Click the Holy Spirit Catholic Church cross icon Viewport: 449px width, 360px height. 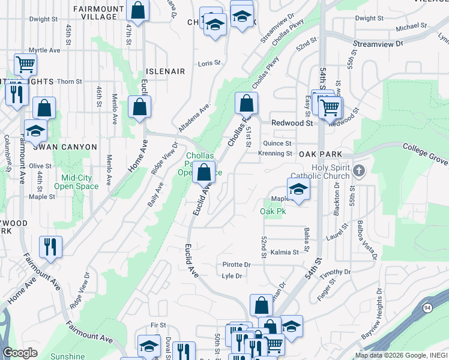(359, 170)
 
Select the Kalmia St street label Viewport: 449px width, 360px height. (284, 253)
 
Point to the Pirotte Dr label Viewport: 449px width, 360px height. (236, 264)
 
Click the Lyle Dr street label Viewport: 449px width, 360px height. (231, 276)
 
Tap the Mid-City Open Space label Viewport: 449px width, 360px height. (76, 182)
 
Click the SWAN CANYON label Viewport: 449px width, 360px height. (65, 147)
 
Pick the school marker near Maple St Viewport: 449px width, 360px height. (298, 190)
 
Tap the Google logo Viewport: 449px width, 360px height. (20, 353)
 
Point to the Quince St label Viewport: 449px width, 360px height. (277, 143)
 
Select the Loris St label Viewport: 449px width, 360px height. (209, 62)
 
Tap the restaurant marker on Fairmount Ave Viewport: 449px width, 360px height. (50, 246)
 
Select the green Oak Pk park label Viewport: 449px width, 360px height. (272, 212)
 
